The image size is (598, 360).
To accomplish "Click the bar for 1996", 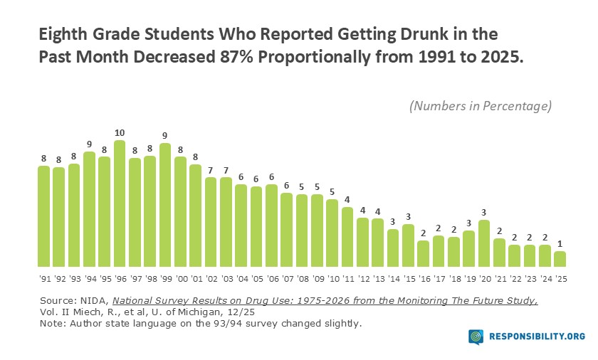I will (x=120, y=203).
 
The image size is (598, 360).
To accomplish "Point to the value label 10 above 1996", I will (x=120, y=133).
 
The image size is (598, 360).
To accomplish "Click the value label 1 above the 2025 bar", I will (x=560, y=244).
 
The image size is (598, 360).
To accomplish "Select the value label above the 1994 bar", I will (x=89, y=144).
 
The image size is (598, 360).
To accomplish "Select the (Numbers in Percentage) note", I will (x=481, y=106).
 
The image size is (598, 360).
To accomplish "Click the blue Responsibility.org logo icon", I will (x=476, y=337).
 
